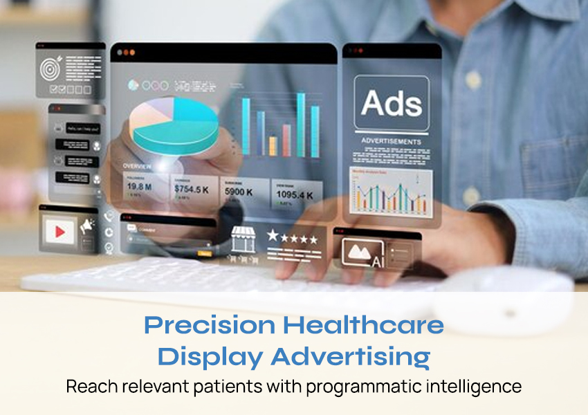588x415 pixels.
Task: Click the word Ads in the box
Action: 391,104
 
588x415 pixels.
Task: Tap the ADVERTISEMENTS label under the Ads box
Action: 391,142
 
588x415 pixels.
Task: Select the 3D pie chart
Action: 166,124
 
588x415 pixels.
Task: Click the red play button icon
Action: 60,230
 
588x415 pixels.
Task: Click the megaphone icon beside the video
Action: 87,225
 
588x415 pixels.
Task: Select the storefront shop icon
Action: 243,239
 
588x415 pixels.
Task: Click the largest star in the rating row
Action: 273,236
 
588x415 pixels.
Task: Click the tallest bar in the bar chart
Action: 301,124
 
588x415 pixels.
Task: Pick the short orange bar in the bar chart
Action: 273,145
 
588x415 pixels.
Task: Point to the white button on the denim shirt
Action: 473,79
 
